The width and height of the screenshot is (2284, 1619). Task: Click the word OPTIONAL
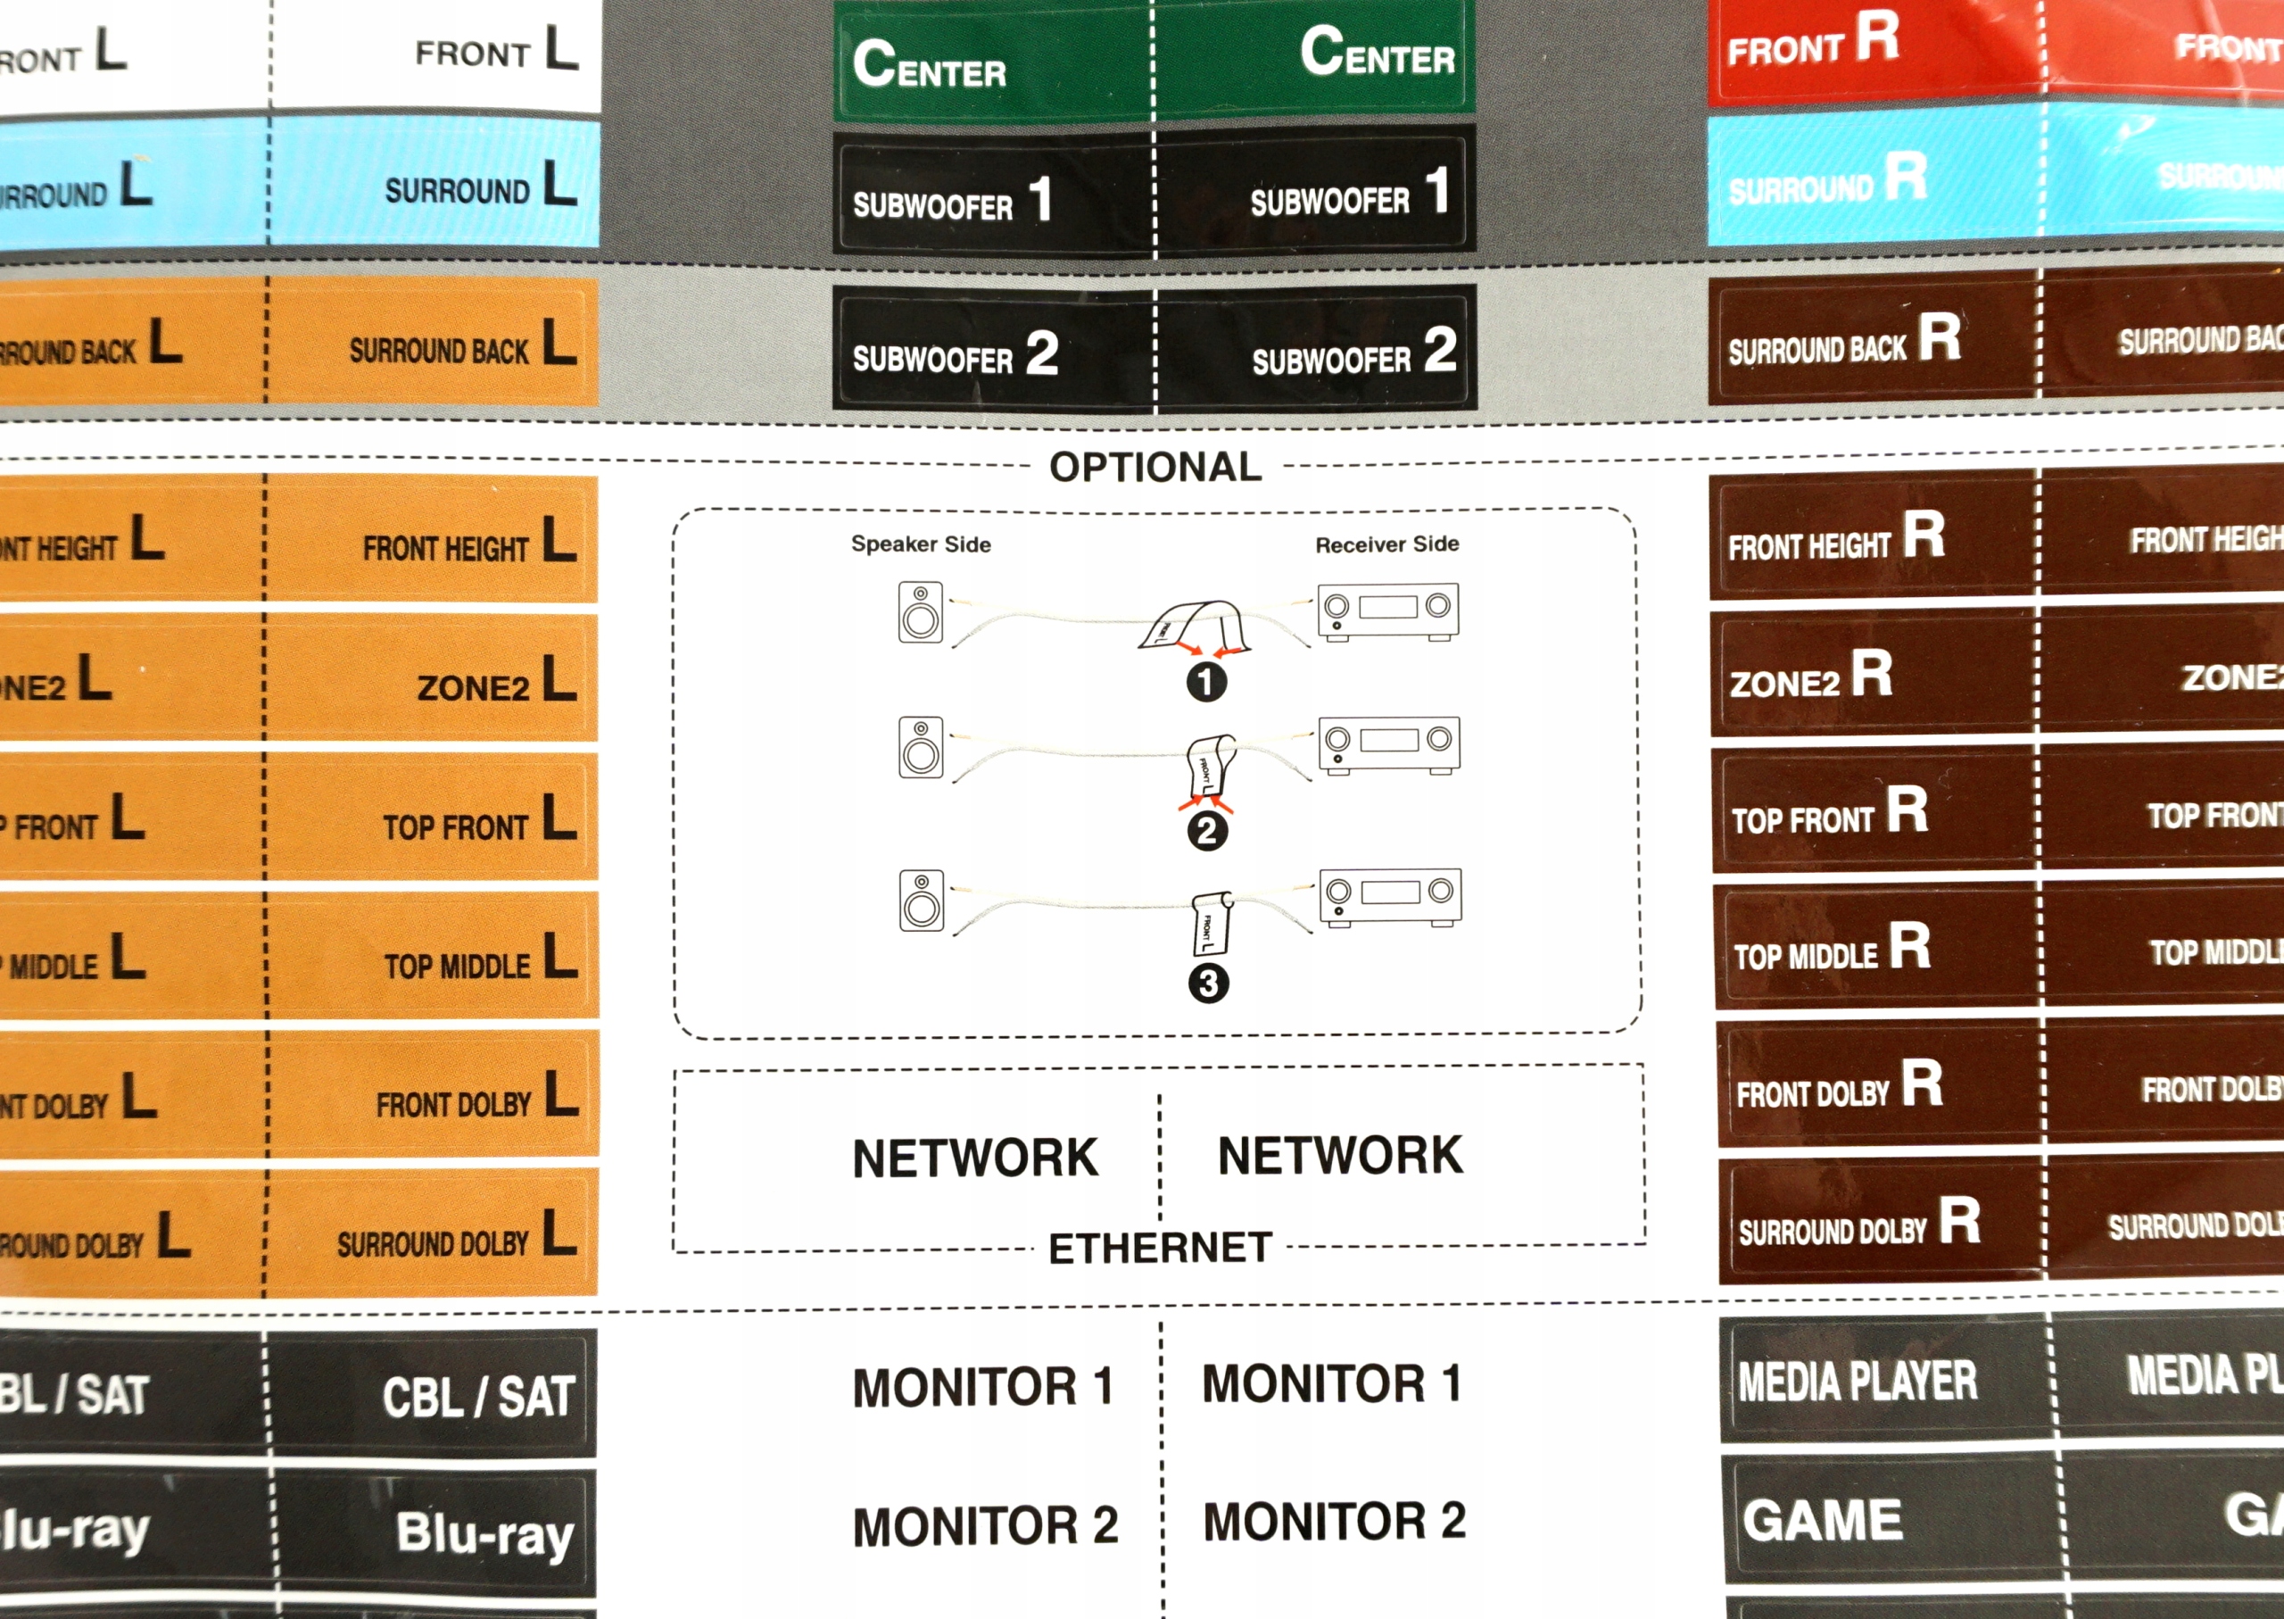click(x=1155, y=468)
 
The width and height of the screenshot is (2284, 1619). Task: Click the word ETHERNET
click(x=1160, y=1248)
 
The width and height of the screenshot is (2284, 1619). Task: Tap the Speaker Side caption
click(x=920, y=544)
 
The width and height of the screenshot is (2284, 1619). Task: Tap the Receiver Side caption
click(x=1386, y=544)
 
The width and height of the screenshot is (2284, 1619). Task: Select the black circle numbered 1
click(x=1205, y=682)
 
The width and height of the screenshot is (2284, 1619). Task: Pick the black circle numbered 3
click(x=1208, y=983)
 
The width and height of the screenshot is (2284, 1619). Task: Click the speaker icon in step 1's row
click(x=920, y=611)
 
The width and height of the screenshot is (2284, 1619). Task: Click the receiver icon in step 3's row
click(x=1390, y=896)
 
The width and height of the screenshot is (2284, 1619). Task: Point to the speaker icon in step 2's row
click(x=920, y=746)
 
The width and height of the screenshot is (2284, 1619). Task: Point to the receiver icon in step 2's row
click(x=1389, y=744)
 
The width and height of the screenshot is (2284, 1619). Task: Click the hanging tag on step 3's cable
click(x=1212, y=924)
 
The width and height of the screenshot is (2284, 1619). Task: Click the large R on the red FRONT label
click(x=1876, y=37)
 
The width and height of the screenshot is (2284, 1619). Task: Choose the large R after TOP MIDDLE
click(x=1909, y=945)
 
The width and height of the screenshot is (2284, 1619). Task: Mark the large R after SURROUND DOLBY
click(x=1959, y=1220)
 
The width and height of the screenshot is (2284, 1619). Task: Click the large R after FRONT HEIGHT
click(x=1924, y=535)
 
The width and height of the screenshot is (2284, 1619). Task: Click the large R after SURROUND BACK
click(x=1940, y=337)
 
